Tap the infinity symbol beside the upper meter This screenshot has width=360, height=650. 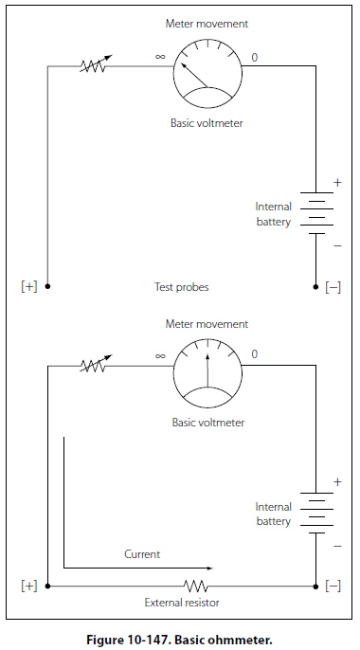[160, 56]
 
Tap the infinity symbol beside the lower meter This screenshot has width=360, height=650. [160, 355]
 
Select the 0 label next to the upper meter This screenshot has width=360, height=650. [254, 57]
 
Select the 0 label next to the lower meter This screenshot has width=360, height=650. [254, 354]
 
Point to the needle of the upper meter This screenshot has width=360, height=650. [195, 75]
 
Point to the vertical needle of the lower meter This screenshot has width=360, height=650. [207, 370]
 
